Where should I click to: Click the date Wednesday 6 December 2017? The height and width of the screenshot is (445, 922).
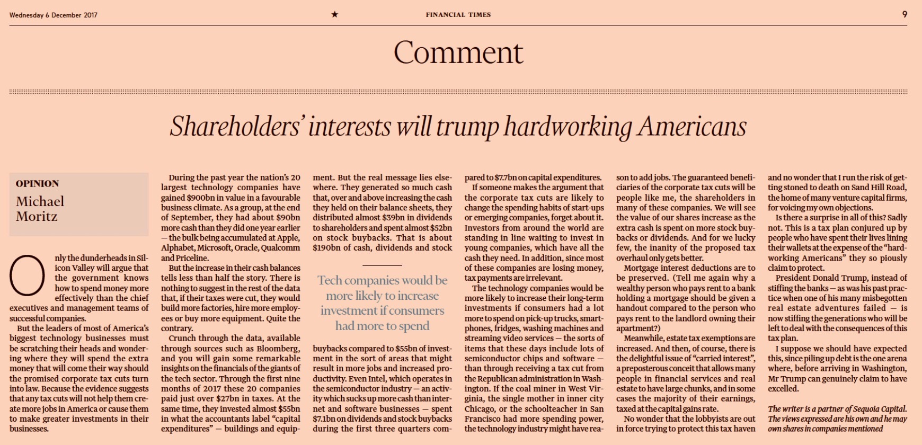coord(53,15)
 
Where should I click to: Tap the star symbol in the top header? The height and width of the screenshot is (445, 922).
coord(334,14)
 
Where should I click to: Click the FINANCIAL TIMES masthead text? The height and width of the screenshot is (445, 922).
coord(458,15)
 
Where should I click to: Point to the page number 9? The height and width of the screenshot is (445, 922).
coord(905,14)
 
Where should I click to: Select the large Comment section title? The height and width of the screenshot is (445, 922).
coord(458,52)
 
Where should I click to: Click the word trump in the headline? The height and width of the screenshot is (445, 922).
coord(468,127)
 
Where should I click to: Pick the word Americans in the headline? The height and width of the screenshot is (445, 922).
coord(692,127)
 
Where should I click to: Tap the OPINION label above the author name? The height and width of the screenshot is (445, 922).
coord(37,184)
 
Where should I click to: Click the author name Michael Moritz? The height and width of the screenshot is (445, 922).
coord(40,209)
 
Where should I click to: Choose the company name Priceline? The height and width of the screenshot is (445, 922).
coord(193,258)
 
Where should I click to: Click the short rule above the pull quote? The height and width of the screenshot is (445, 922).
coord(382,265)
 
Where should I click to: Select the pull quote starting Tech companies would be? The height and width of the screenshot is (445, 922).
coord(382,303)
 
